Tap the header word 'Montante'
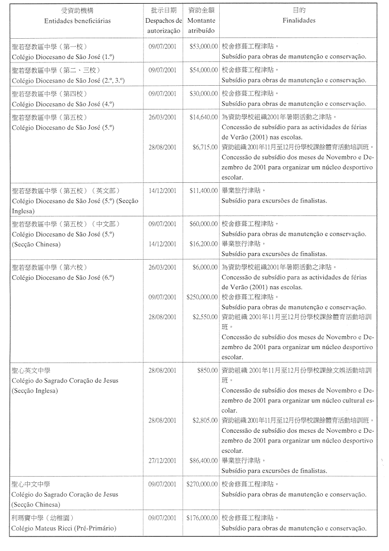coord(202,21)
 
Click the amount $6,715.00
coord(205,147)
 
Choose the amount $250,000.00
coord(202,297)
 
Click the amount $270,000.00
coord(202,484)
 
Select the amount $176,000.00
coord(202,518)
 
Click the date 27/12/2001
coord(163,461)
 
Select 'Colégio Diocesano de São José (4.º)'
coord(62,104)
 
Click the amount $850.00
coord(207,371)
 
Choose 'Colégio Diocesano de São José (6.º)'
coord(62,278)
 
